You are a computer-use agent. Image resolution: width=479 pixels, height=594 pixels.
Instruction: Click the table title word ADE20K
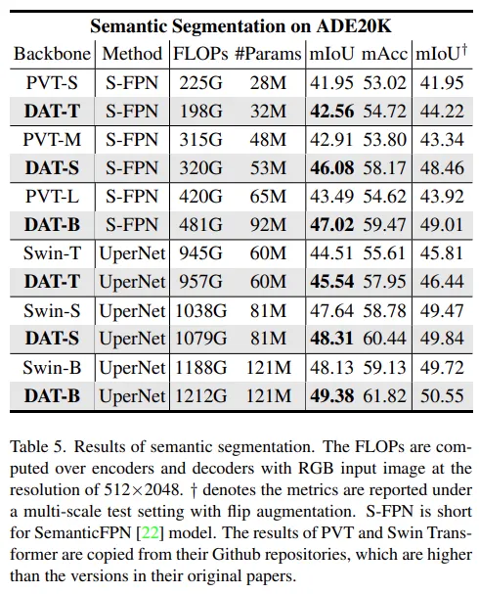click(x=354, y=26)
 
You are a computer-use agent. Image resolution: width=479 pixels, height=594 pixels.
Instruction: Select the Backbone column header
click(x=53, y=54)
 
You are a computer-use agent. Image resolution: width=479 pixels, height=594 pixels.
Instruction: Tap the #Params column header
click(x=268, y=54)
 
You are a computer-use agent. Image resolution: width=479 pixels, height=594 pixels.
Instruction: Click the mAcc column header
click(x=385, y=54)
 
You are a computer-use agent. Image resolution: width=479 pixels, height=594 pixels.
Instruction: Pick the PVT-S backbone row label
click(x=52, y=82)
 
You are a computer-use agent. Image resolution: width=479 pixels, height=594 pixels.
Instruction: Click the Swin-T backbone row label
click(x=52, y=252)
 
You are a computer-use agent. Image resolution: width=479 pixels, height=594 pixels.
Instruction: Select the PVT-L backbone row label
click(x=52, y=197)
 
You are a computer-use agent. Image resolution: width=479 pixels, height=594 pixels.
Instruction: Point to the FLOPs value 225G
click(x=200, y=82)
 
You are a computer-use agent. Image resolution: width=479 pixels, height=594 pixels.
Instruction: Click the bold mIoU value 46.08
click(x=332, y=167)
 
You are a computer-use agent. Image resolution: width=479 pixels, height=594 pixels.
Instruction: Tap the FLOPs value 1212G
click(x=200, y=396)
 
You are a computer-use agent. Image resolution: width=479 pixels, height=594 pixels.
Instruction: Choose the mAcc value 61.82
click(x=385, y=396)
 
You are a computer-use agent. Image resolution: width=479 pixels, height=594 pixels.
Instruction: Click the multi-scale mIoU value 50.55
click(x=442, y=396)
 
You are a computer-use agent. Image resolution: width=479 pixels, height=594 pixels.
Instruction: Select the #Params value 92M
click(x=268, y=225)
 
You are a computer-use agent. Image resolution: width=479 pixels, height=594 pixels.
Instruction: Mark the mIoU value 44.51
click(x=331, y=252)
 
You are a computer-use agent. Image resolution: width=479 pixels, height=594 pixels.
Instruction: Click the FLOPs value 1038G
click(x=200, y=311)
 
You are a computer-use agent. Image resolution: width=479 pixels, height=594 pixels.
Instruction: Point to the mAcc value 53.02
click(x=385, y=82)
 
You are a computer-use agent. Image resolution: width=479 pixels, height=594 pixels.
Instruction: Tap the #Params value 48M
click(x=268, y=139)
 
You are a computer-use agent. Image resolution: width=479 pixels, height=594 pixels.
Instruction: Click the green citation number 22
click(x=150, y=533)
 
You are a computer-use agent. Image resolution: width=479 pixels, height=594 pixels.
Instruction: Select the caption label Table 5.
click(x=38, y=446)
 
